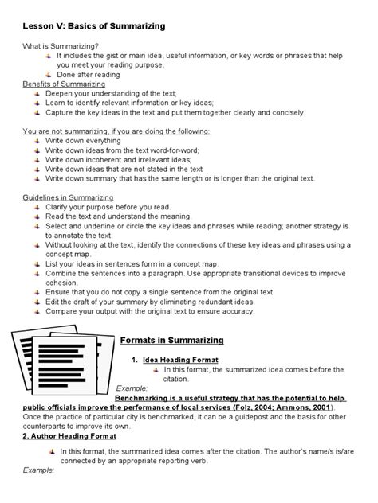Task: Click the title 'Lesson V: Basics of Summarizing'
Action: pos(94,26)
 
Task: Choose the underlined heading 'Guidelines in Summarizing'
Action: pos(68,197)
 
